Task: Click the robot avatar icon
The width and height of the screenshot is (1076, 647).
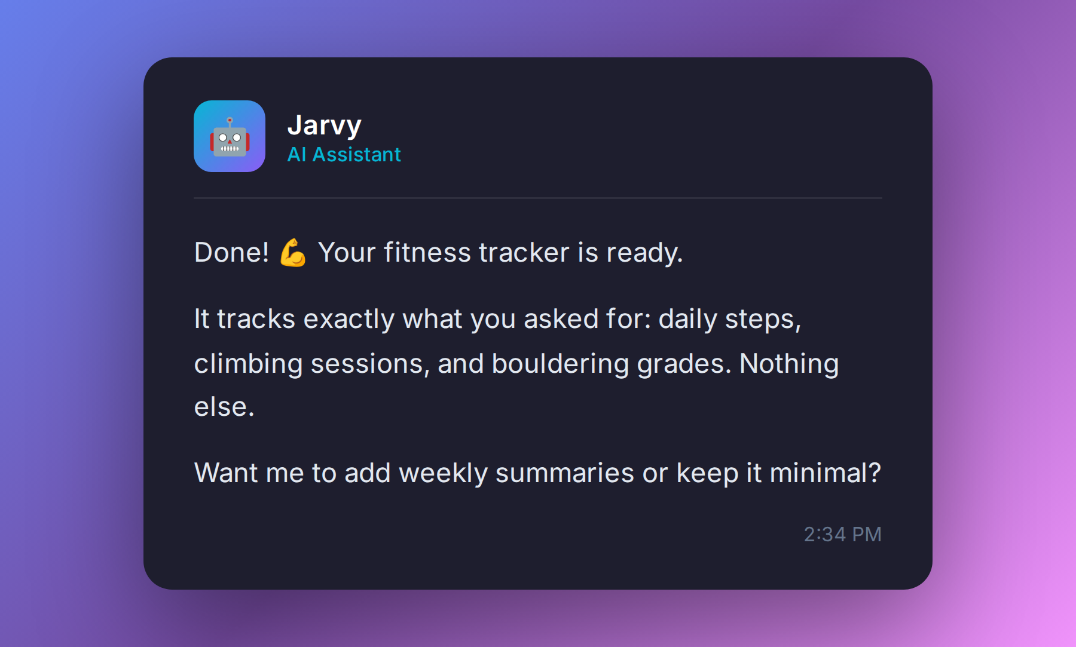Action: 230,136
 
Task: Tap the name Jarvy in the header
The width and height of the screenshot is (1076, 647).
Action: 324,125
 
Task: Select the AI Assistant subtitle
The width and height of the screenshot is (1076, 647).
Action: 344,155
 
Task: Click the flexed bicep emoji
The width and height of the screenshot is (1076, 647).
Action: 293,253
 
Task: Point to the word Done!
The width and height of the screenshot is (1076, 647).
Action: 231,253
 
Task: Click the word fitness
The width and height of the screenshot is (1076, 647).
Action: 427,253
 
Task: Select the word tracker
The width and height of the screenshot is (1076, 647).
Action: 524,253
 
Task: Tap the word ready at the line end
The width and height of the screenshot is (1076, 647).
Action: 643,253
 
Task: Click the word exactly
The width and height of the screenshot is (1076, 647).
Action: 349,319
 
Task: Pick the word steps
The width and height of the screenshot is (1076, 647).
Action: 762,319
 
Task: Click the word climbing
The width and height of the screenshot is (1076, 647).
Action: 248,364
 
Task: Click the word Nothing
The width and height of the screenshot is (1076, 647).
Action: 788,364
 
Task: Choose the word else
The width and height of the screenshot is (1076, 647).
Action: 224,407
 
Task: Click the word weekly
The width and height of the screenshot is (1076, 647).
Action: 443,473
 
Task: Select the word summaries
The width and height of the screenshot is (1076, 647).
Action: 564,473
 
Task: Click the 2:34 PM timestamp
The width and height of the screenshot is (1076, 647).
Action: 842,534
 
